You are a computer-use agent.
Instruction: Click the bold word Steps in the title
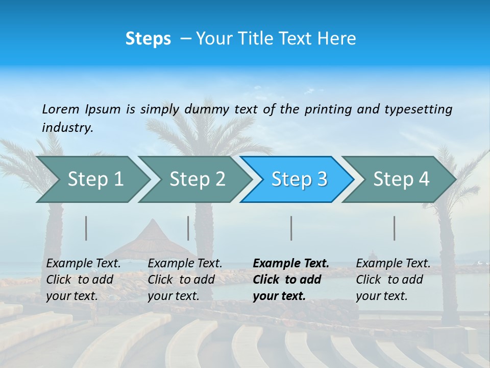point(148,38)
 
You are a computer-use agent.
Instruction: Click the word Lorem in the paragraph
point(61,109)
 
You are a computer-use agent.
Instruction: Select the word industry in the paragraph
point(67,128)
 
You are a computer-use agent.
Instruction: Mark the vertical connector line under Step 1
point(86,228)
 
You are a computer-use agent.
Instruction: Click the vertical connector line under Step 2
point(188,228)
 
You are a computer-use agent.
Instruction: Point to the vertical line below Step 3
point(291,228)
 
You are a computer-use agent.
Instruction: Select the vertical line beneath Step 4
point(394,228)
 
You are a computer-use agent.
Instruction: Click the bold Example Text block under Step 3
point(291,280)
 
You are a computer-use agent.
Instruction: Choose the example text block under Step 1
point(84,280)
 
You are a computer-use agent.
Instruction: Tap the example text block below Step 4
point(393,280)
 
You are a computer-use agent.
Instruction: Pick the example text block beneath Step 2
point(185,280)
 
